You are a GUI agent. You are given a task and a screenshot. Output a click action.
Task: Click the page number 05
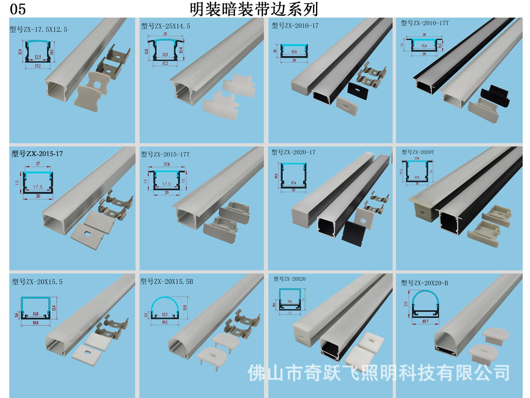point(18,9)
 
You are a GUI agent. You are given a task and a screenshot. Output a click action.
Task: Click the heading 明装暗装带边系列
point(254,9)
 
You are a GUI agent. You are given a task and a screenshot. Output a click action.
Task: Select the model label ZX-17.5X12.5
point(38,30)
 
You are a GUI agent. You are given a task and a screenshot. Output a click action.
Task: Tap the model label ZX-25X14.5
point(166,26)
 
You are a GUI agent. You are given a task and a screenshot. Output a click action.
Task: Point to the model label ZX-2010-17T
point(425,23)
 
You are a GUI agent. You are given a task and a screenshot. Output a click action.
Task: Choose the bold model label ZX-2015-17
point(37,154)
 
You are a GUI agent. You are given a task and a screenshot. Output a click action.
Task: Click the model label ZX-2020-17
point(293,152)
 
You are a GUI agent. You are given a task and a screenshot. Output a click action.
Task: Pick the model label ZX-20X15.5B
point(167,282)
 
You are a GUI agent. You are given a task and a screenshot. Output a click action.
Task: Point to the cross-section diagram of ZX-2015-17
point(38,182)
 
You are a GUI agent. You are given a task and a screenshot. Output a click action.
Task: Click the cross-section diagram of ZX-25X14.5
point(165,50)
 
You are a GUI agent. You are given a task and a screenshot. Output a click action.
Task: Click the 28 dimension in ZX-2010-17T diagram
point(424,34)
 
